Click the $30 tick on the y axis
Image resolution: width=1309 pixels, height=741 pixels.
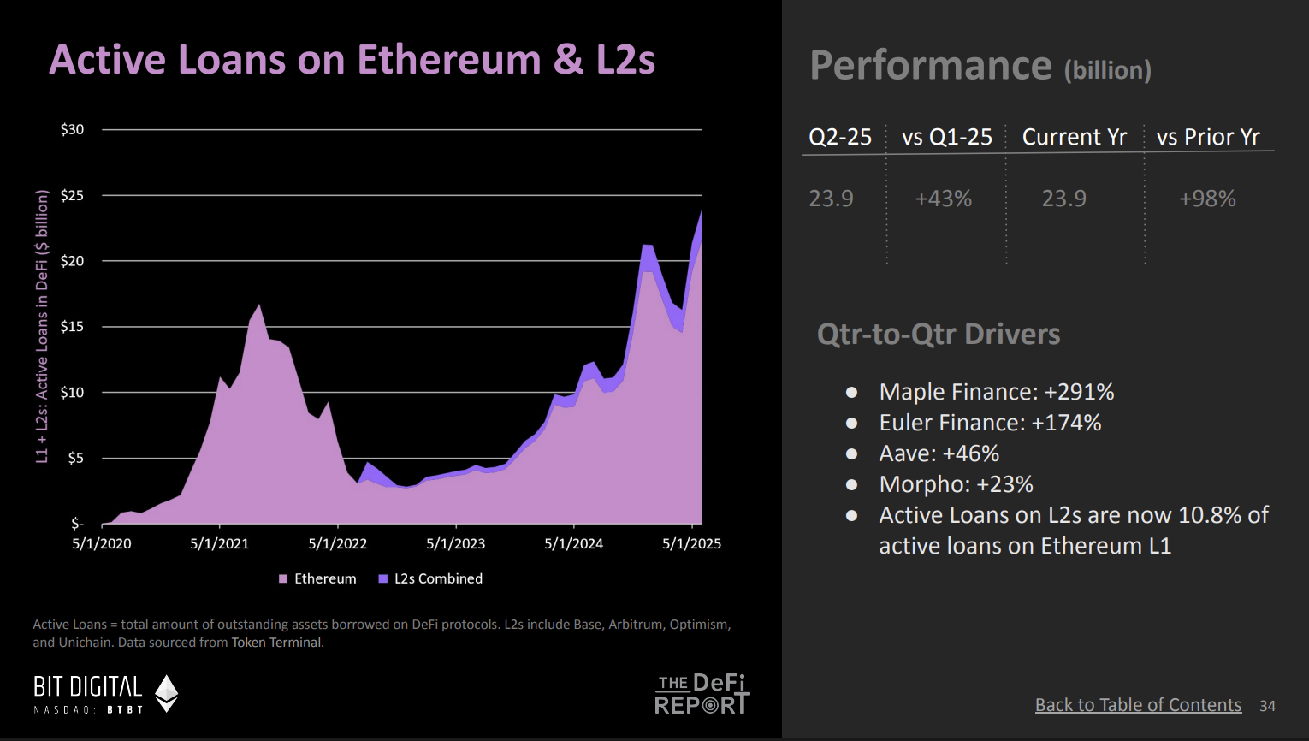tap(73, 129)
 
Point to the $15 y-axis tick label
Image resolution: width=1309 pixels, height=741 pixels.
tap(73, 326)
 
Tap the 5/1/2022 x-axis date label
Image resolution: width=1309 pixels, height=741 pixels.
tap(337, 543)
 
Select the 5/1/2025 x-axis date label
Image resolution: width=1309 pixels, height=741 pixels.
tap(691, 543)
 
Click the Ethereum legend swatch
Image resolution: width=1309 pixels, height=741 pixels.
tap(283, 579)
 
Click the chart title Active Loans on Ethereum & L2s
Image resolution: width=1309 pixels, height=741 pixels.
tap(352, 60)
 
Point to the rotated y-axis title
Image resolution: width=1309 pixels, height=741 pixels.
tap(42, 327)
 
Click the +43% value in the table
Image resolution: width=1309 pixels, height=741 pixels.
tap(943, 199)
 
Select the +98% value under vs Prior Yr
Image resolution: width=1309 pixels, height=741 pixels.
tap(1207, 199)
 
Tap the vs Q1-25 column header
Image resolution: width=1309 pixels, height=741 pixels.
tap(946, 137)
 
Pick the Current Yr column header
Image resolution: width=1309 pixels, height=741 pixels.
tap(1074, 137)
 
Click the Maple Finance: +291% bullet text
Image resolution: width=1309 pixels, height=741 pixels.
tap(996, 392)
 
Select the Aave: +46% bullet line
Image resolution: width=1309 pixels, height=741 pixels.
tap(939, 453)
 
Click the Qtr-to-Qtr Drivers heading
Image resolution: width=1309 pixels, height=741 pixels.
tap(938, 334)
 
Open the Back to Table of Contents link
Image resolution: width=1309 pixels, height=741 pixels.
tap(1137, 705)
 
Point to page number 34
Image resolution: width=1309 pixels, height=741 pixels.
tap(1267, 706)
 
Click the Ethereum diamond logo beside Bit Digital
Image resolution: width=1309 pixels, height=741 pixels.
tap(166, 693)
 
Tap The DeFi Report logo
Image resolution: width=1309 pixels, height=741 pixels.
tap(702, 693)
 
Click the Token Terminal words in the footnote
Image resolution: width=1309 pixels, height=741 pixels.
tap(276, 643)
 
